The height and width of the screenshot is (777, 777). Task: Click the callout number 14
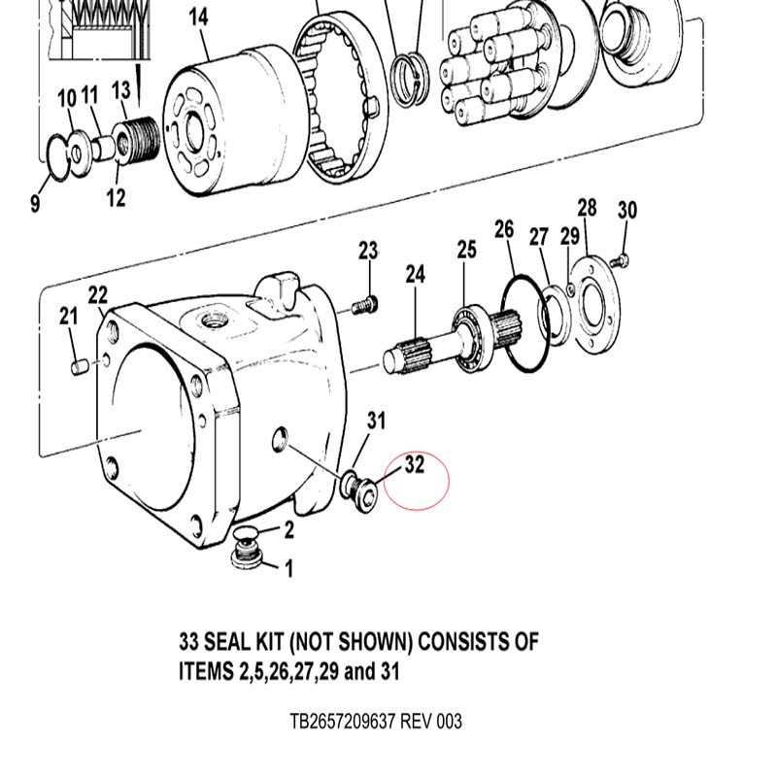tap(198, 17)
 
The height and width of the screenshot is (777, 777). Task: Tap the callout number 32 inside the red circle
tap(415, 464)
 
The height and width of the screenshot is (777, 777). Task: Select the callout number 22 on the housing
tap(98, 295)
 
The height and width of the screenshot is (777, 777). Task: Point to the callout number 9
tap(35, 203)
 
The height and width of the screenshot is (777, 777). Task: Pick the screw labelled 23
tap(365, 306)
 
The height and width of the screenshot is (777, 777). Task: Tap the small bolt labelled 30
tap(620, 259)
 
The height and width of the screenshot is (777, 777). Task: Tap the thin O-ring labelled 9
tap(58, 158)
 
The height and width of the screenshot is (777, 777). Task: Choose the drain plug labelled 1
tap(247, 556)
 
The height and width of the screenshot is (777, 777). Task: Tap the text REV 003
tap(430, 721)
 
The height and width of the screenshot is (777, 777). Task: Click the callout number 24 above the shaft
tap(416, 274)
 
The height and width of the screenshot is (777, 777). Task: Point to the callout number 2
tap(288, 529)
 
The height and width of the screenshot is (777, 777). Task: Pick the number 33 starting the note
tap(188, 642)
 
